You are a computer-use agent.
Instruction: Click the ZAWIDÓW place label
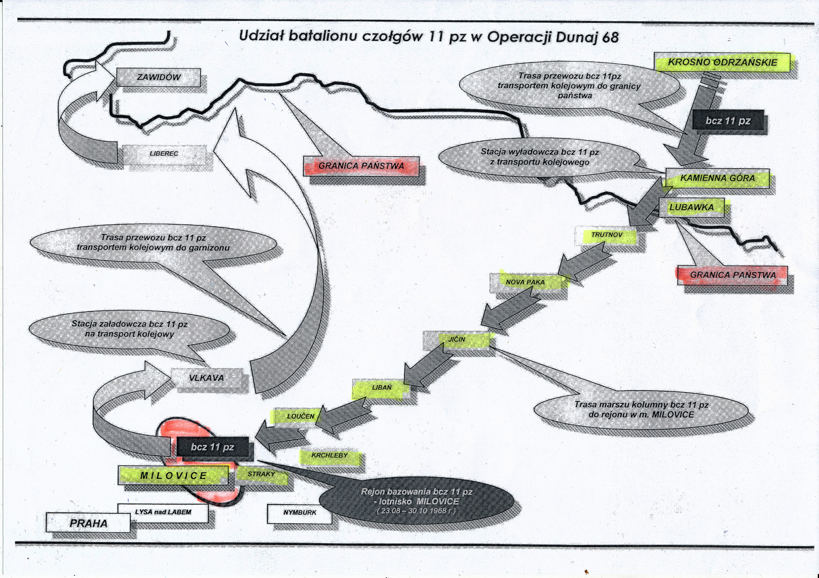point(158,77)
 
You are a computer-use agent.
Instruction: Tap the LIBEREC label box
point(164,154)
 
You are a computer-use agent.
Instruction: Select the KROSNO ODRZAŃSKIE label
point(722,62)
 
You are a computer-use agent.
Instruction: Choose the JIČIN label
point(457,340)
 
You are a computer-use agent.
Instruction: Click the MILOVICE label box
point(173,476)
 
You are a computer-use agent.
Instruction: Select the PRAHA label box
point(88,523)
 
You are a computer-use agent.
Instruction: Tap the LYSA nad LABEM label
point(163,512)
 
